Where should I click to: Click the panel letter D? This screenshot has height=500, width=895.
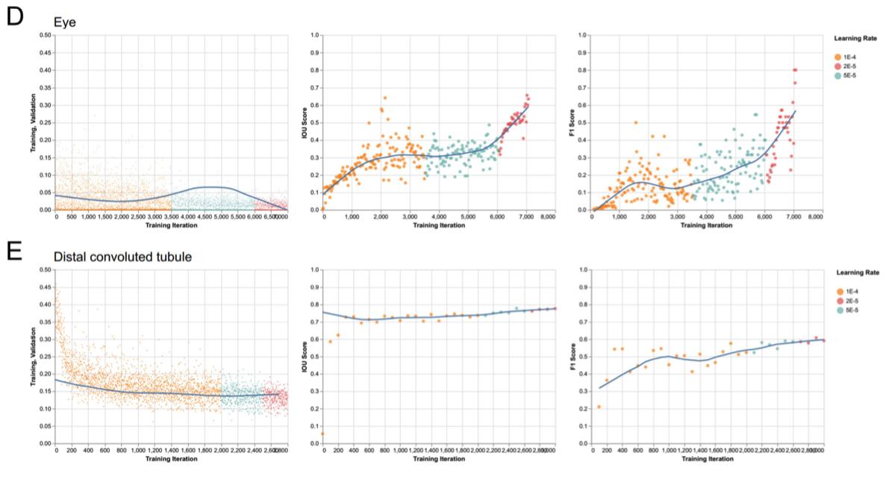pos(14,16)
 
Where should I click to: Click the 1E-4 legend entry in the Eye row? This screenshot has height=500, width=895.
pos(850,57)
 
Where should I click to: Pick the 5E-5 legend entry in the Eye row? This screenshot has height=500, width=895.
pos(850,75)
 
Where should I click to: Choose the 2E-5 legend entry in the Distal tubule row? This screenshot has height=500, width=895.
pos(850,301)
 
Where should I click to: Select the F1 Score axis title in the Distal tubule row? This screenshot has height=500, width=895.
pos(573,357)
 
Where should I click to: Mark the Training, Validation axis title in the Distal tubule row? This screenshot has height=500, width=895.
pos(33,357)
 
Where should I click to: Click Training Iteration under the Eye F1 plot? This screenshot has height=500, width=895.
pos(702,225)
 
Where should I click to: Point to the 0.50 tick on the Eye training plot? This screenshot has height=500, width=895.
pos(46,35)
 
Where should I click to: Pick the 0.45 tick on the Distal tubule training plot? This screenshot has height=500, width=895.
pos(46,287)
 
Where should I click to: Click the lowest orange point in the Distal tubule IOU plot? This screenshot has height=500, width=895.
pos(323,434)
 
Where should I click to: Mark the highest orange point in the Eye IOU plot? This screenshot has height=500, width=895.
pos(385,98)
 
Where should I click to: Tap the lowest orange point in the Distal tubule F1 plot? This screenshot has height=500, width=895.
pos(599,407)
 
